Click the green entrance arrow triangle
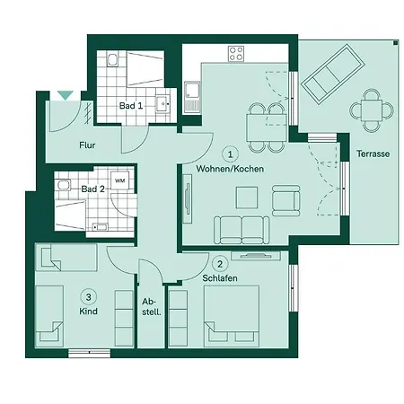point(66,95)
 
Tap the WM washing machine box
point(120,180)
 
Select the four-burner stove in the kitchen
point(236,54)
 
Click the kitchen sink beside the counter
point(192,96)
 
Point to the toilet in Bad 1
point(112,60)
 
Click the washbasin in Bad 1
point(162,103)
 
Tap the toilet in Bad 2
point(65,185)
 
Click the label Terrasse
point(373,154)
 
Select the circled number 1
point(230,154)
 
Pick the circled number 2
point(220,264)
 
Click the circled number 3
point(88,297)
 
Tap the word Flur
point(87,145)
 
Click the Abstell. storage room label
point(152,306)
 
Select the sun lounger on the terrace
point(333,74)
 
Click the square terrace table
point(372,110)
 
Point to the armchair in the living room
point(286,200)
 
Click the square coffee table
point(247,198)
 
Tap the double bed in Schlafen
point(232,316)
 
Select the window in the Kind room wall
point(90,353)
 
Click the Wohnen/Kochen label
point(230,169)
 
